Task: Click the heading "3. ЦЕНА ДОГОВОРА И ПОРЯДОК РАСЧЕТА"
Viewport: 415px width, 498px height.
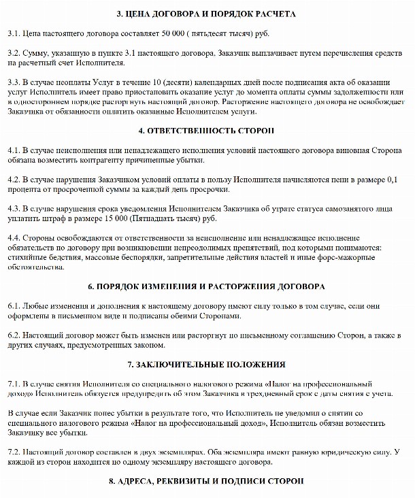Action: (206, 14)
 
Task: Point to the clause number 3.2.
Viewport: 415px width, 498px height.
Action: (13, 52)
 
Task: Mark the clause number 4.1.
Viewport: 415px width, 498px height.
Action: (13, 150)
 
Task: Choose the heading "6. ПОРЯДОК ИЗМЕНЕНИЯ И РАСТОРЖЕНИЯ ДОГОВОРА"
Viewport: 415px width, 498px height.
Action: (206, 287)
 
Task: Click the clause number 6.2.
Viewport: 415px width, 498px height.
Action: (13, 336)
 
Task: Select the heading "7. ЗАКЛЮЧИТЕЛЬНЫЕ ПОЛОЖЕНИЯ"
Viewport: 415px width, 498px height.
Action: (206, 365)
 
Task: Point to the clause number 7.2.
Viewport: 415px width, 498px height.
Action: (13, 453)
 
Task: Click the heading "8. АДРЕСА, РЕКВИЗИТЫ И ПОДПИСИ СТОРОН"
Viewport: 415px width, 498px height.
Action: (206, 482)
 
